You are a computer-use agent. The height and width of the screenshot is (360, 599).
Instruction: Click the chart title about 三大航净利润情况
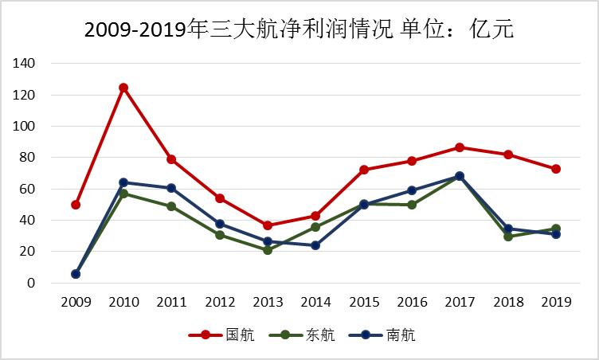coord(299,30)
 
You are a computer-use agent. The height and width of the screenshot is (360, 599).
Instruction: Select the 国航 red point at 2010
coord(123,88)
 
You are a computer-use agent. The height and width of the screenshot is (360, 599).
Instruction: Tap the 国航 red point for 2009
coord(76,205)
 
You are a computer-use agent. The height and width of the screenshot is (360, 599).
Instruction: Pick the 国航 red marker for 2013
coord(268,225)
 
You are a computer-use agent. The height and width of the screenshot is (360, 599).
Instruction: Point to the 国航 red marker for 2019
coord(555,169)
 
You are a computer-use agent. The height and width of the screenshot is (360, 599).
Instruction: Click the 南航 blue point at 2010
coord(123,182)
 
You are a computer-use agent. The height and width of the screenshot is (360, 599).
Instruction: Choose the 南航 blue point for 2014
coord(315,245)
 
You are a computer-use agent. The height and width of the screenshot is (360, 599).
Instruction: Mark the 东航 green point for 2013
coord(268,250)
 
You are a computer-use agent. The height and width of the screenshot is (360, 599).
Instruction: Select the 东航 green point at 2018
coord(507,237)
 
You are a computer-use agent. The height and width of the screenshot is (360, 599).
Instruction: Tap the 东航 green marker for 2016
coord(412,205)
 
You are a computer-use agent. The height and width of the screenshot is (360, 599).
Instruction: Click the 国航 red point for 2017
coord(460,147)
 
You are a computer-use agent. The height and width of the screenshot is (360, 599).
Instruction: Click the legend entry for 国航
coord(222,335)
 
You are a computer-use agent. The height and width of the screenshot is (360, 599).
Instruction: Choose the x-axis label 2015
coord(363,302)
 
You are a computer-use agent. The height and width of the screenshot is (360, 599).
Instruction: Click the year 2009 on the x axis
coord(76,302)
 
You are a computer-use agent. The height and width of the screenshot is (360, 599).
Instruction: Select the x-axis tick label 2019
coord(555,302)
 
